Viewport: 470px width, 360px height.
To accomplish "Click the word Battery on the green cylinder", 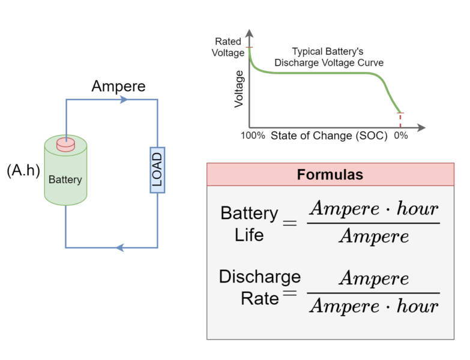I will click(65, 179).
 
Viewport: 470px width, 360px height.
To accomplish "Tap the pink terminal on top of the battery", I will click(65, 145).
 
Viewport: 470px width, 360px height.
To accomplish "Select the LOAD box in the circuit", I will click(157, 170).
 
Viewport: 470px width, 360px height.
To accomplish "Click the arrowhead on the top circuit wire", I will click(124, 100).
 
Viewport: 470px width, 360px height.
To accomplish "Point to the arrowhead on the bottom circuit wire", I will click(119, 247).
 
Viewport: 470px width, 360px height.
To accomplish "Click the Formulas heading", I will click(330, 175).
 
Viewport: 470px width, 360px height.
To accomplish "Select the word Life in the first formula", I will click(249, 235).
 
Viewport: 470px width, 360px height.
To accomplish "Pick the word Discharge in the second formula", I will click(259, 277).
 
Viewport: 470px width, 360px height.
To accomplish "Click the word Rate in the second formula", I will click(259, 298).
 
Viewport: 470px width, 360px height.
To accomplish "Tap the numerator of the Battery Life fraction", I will click(373, 209).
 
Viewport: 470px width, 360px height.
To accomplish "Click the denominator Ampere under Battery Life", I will click(373, 236).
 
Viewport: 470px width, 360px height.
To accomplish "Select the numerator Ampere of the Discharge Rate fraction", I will click(373, 278).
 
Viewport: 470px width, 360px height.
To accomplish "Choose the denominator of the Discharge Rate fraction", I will click(373, 307).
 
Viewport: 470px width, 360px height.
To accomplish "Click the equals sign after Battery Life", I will click(289, 223).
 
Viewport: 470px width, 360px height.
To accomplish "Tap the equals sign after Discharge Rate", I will click(289, 293).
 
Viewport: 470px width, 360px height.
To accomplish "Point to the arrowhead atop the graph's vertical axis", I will click(249, 34).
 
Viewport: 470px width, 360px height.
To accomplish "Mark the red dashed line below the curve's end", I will click(400, 121).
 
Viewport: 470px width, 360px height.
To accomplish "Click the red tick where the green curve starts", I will click(249, 47).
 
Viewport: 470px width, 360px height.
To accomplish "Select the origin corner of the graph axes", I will click(249, 128).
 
